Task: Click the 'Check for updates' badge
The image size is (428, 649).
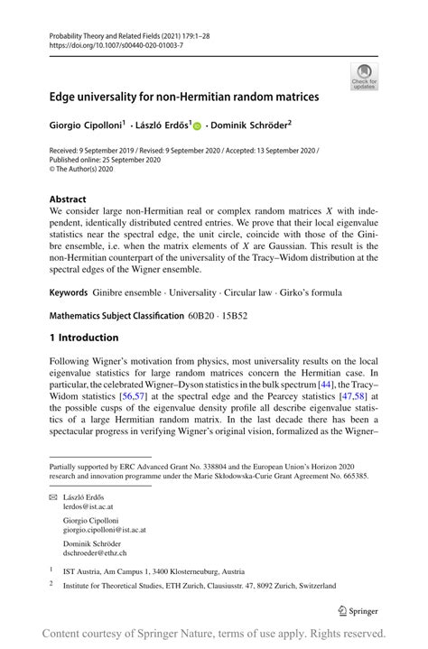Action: (x=364, y=76)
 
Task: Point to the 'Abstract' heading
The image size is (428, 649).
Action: (x=68, y=199)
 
